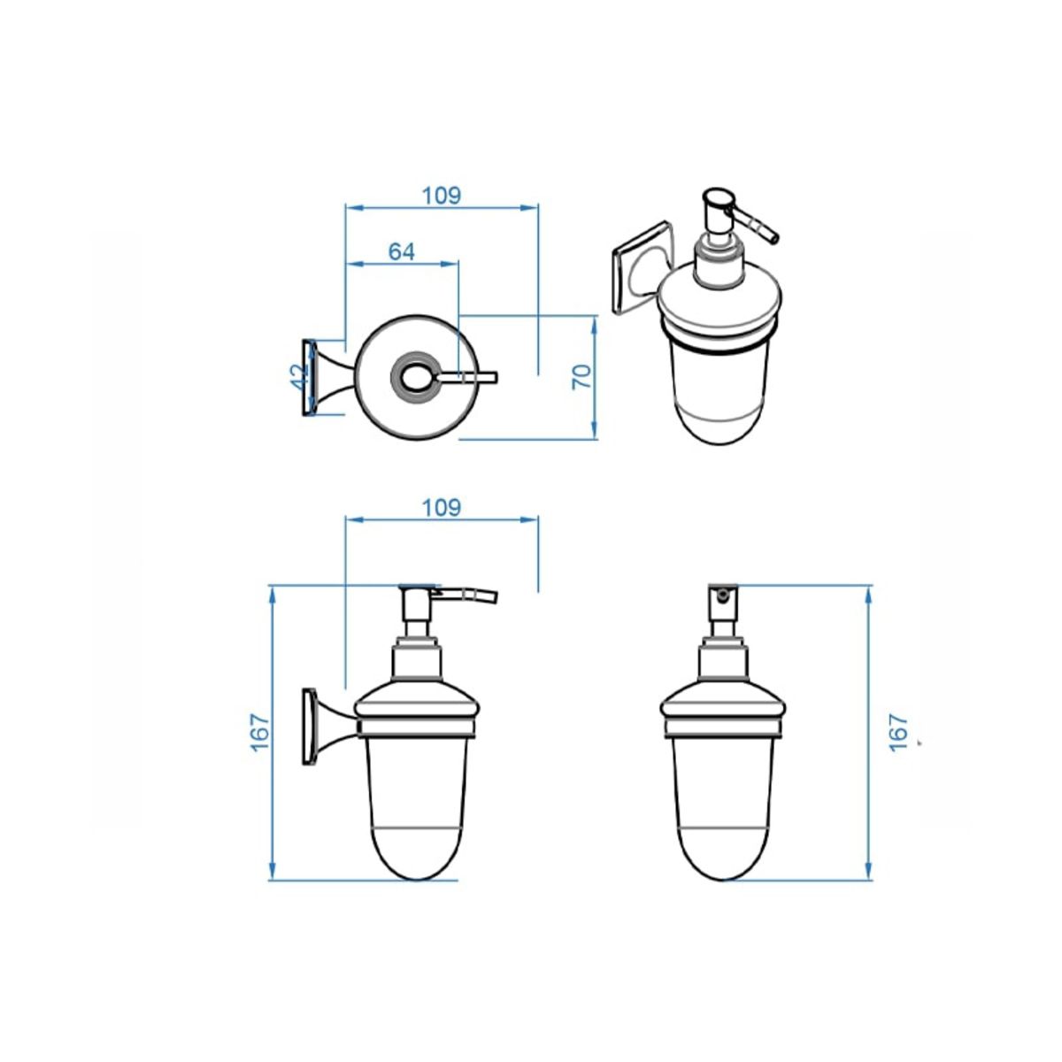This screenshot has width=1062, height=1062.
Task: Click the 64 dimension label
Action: pos(401,252)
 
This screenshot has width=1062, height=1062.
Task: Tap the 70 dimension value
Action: pos(582,377)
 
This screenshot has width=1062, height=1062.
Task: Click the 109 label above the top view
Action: pos(442,195)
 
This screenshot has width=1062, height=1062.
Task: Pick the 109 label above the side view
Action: pos(442,507)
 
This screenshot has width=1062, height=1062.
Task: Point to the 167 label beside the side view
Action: pos(261,733)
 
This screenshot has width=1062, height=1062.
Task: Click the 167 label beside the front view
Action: pos(898,733)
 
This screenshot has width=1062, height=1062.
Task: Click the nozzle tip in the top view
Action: pos(495,376)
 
